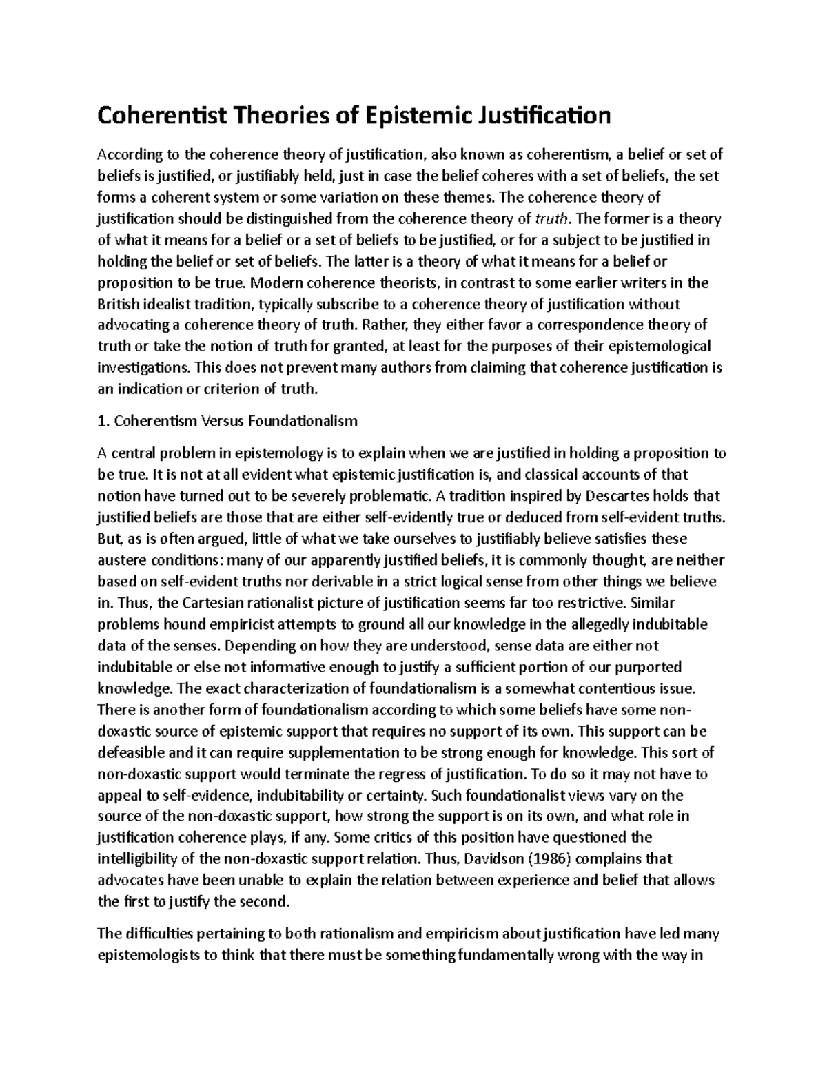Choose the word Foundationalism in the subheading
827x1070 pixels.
coord(299,421)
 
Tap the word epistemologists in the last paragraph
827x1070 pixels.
coord(148,956)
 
